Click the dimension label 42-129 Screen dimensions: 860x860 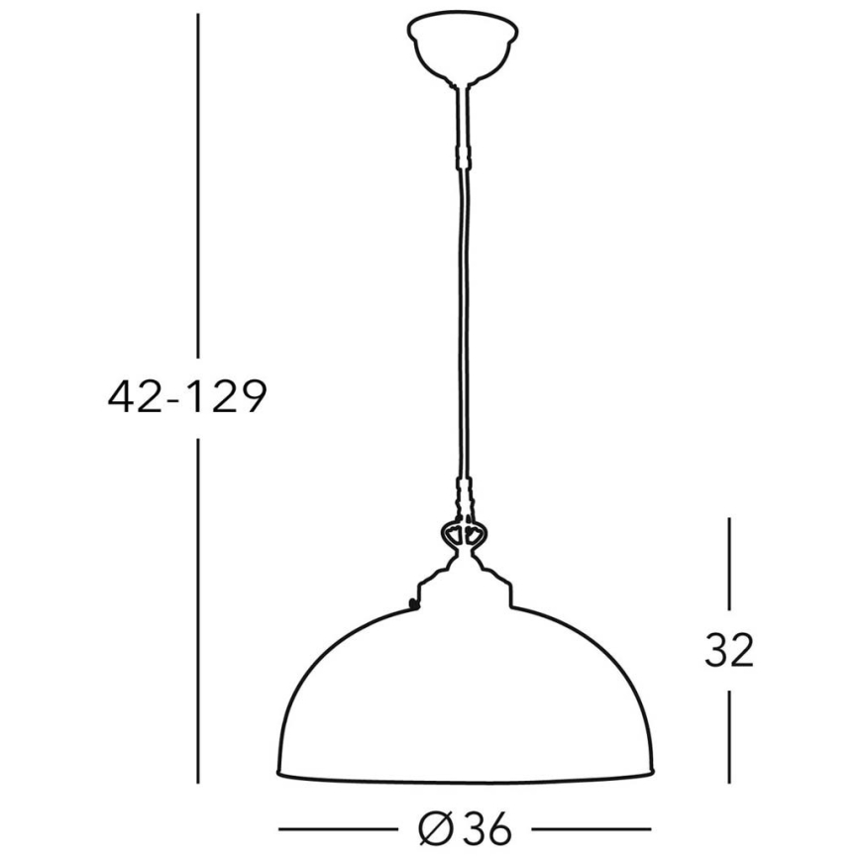(188, 397)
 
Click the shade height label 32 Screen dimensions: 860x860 (729, 651)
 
